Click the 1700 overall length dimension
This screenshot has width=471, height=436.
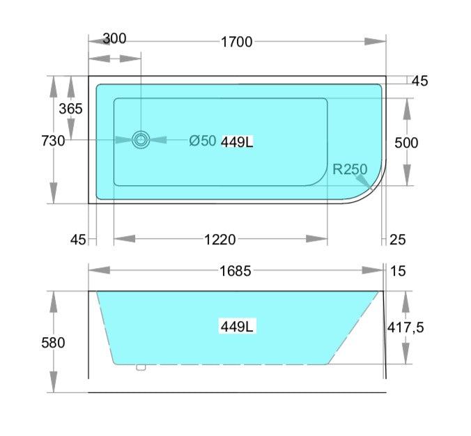coord(236,42)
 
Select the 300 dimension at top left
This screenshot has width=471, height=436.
coord(114,38)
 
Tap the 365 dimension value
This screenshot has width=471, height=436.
coord(70,109)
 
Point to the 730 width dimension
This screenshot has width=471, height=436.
coord(54,141)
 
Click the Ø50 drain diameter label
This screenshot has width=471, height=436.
coord(203,141)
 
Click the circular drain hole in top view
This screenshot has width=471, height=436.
coord(141,140)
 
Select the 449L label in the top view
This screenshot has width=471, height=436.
coord(237,142)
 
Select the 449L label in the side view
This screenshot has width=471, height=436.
coord(237,326)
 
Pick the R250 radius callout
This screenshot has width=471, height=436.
coord(350,169)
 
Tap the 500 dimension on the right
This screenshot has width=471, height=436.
coord(406,143)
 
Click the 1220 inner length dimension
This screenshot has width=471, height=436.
coord(220,240)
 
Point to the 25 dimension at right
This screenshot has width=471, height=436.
coord(397,240)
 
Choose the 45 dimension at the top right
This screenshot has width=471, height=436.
coord(419,81)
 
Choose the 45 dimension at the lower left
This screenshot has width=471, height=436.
coord(78,240)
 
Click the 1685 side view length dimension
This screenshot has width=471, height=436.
coord(236,270)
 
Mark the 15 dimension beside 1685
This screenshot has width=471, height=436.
coord(398,270)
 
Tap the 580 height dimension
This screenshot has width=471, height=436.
coord(54,343)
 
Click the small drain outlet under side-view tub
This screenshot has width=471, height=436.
coord(141,366)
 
